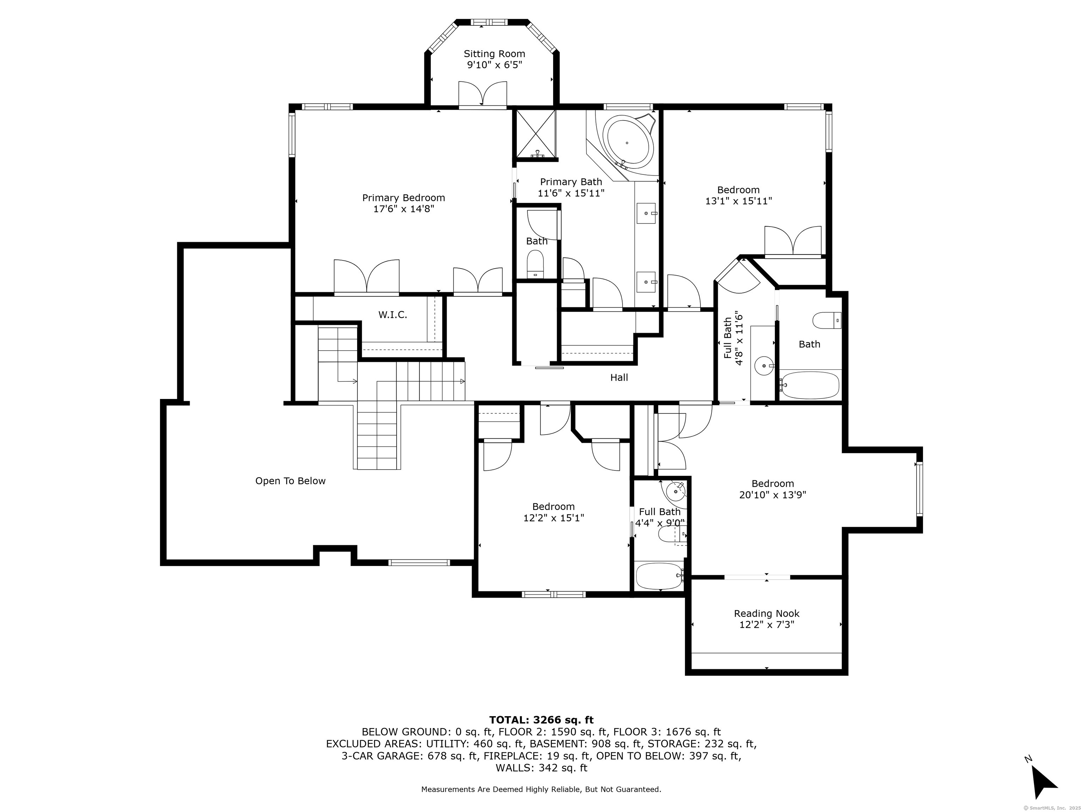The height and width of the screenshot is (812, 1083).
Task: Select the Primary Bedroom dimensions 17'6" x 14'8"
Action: click(x=403, y=209)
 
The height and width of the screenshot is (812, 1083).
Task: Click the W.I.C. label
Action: click(x=393, y=315)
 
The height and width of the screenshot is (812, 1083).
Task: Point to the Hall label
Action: click(x=619, y=377)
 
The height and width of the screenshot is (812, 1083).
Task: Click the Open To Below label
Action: click(x=290, y=481)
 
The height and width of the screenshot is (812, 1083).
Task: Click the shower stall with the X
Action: click(x=537, y=135)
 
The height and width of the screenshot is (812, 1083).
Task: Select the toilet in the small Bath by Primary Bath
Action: click(x=536, y=264)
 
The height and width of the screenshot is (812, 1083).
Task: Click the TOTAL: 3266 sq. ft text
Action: click(x=541, y=720)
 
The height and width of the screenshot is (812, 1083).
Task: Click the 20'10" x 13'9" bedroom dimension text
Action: click(x=773, y=495)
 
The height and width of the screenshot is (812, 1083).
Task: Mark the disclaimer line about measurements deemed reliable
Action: click(x=541, y=789)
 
